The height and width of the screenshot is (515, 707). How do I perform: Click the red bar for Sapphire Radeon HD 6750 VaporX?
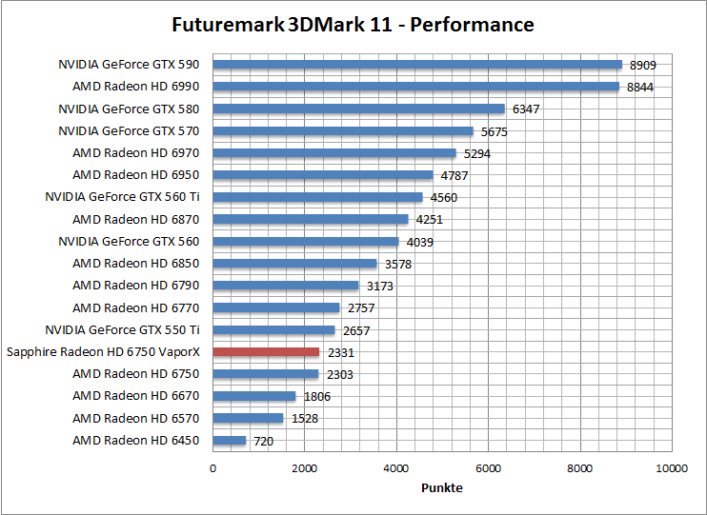click(266, 352)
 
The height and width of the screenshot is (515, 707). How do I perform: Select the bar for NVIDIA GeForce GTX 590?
click(416, 65)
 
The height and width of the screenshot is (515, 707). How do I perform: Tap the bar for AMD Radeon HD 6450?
click(229, 441)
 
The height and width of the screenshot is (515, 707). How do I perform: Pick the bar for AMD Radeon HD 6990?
click(415, 87)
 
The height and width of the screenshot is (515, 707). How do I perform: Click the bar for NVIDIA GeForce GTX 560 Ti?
click(317, 197)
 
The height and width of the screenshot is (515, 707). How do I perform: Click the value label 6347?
click(526, 109)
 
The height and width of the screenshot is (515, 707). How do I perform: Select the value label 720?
click(264, 442)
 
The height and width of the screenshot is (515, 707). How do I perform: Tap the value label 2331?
click(340, 353)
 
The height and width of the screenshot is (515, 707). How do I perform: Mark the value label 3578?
click(398, 265)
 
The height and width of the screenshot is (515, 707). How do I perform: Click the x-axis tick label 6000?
click(489, 469)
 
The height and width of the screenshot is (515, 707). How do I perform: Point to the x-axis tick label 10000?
click(672, 469)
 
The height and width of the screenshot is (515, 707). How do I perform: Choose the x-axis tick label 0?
click(212, 469)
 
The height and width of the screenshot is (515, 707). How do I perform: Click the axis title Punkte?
click(442, 488)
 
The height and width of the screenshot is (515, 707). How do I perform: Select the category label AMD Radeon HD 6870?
click(136, 219)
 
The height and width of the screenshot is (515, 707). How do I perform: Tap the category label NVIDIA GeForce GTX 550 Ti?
click(123, 330)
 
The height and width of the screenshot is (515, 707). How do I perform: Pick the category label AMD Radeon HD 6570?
click(136, 418)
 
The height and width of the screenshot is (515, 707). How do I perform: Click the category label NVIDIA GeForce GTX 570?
click(130, 131)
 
